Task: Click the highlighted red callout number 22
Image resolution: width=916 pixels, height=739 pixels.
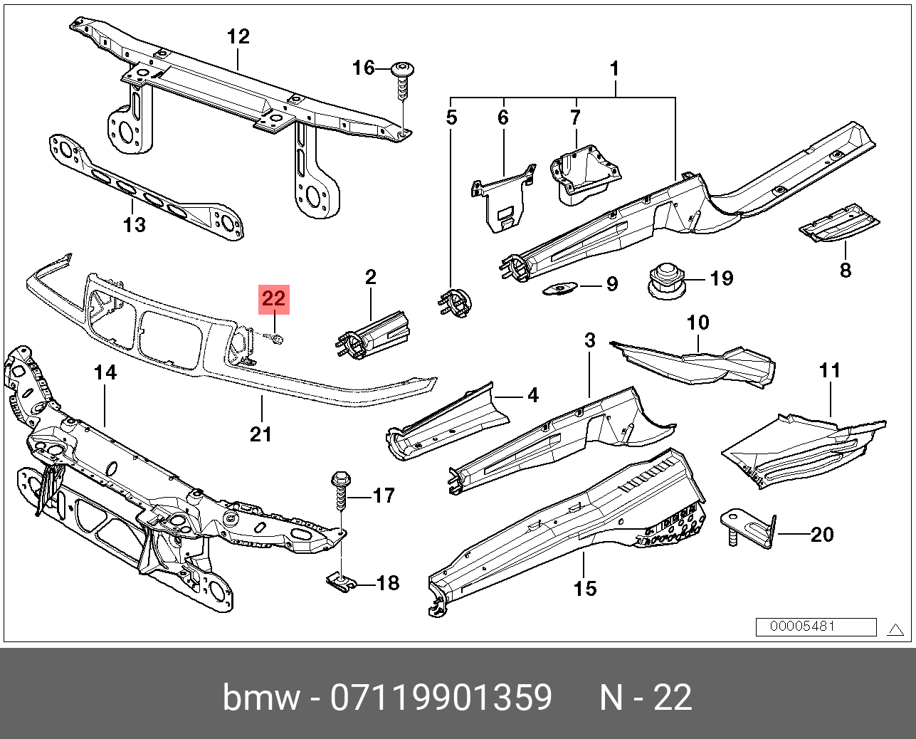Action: [x=274, y=299]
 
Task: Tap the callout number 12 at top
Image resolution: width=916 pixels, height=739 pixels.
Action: [x=238, y=36]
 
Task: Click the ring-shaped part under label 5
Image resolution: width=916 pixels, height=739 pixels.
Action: [x=455, y=302]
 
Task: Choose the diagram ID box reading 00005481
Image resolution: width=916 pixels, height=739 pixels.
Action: [x=816, y=627]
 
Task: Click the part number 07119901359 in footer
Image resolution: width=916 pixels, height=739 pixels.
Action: [x=441, y=698]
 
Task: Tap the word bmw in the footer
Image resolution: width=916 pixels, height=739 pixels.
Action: [x=261, y=698]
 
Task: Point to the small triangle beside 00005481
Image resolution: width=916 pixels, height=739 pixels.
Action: [x=895, y=629]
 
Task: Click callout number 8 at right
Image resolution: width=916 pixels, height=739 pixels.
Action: [x=845, y=271]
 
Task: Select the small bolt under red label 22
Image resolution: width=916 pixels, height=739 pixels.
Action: [x=276, y=339]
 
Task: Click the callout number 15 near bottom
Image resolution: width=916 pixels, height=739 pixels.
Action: [x=585, y=589]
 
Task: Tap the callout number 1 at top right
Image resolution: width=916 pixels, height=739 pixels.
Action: [x=615, y=69]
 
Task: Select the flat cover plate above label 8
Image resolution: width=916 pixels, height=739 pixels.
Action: [x=839, y=225]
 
